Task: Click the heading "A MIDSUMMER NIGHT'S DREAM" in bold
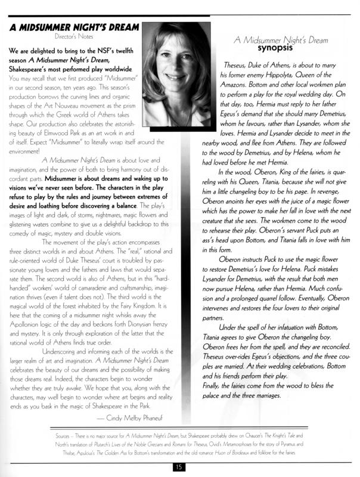(x=73, y=29)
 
